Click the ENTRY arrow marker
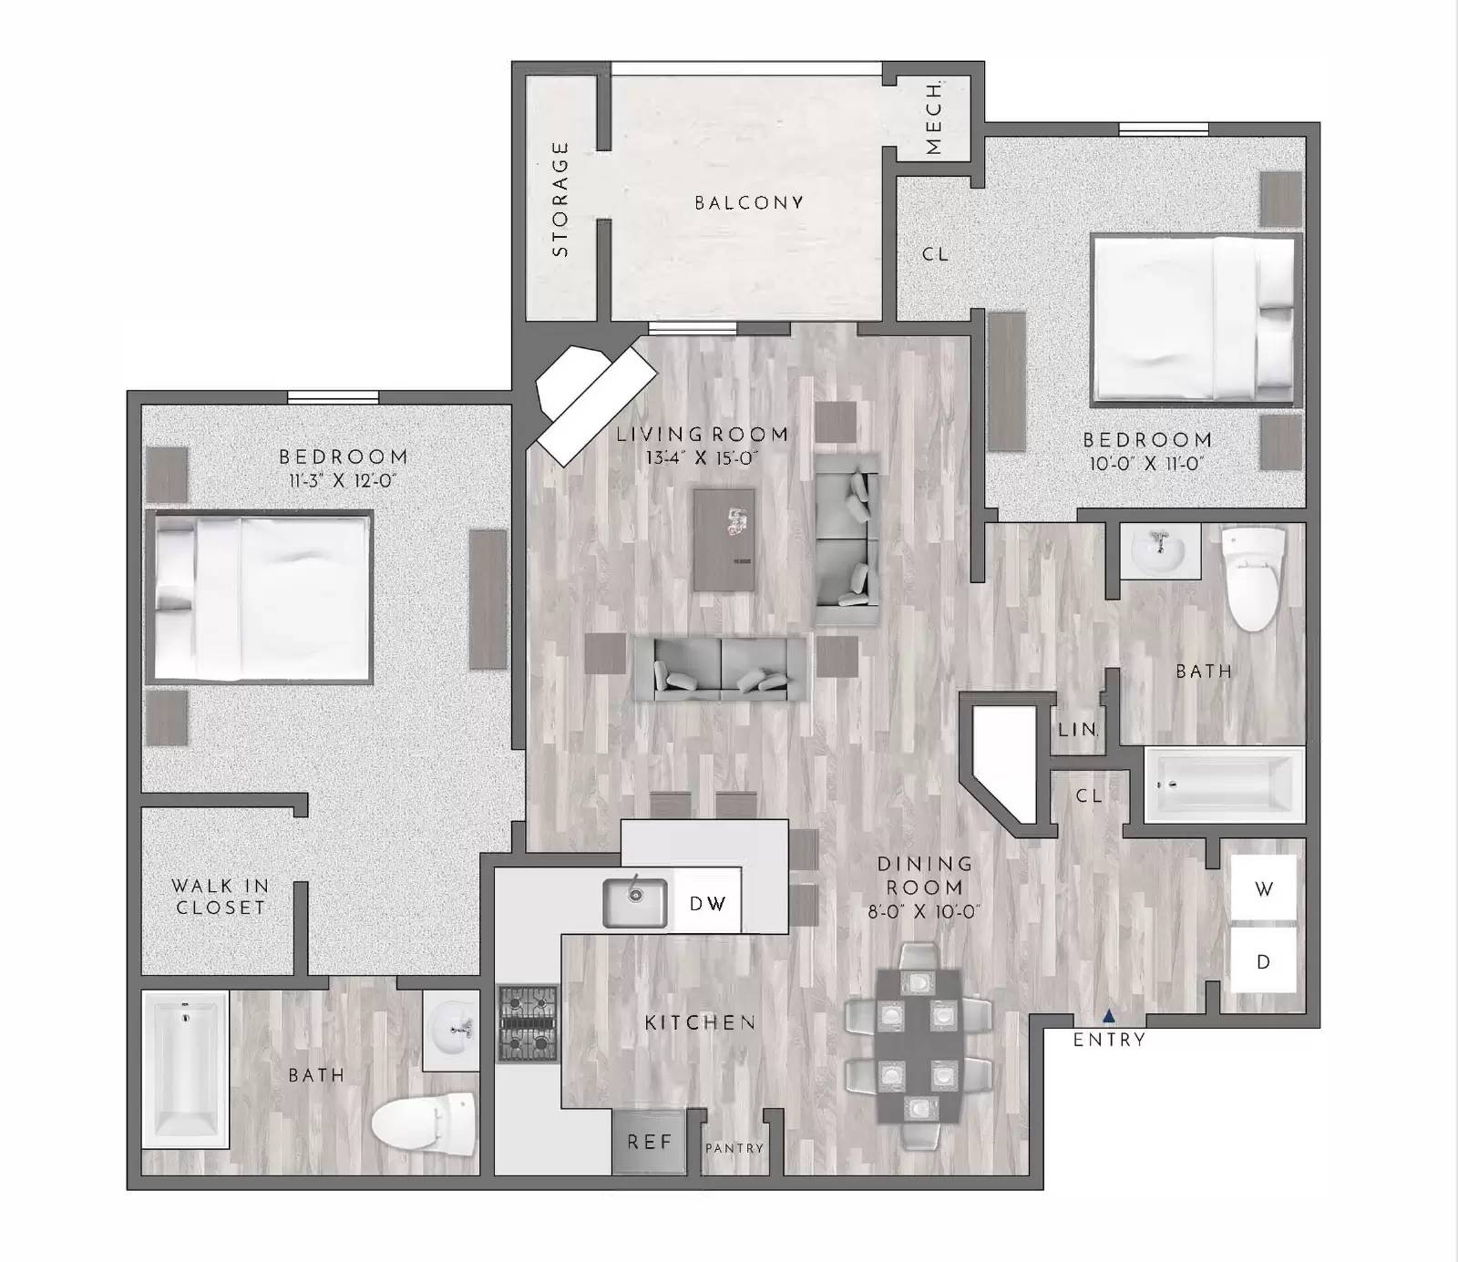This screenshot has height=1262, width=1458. (x=1108, y=1015)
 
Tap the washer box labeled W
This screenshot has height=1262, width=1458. (x=1263, y=889)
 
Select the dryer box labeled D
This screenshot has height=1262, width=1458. (x=1263, y=961)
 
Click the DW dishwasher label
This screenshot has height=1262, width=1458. (x=707, y=903)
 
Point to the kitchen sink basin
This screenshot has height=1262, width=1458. (x=635, y=902)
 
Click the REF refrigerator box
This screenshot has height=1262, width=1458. (x=649, y=1142)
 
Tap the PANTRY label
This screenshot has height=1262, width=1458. (x=734, y=1149)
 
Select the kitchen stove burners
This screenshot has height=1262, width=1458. (x=528, y=1023)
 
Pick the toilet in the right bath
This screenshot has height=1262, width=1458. (x=1253, y=578)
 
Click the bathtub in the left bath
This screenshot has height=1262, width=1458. (x=186, y=1069)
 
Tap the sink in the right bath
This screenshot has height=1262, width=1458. (x=1158, y=550)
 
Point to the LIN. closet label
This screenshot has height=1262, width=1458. (x=1078, y=730)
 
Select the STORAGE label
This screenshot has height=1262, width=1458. (x=560, y=199)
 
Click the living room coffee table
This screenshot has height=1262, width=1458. (x=724, y=540)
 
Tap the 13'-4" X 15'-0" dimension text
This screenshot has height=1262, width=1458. (x=702, y=457)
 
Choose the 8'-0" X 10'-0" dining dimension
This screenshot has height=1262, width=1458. (x=924, y=910)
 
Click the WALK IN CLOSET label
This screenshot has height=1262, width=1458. (x=220, y=896)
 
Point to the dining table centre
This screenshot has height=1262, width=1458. (x=918, y=1046)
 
